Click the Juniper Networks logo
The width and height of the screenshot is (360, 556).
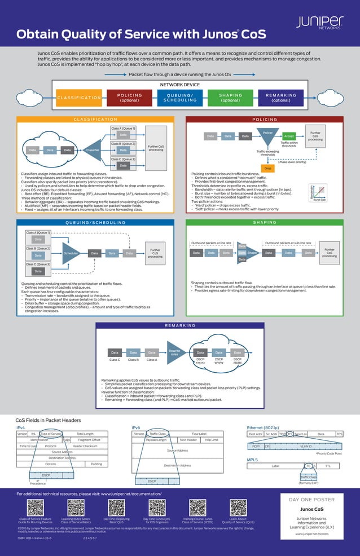(x=319, y=22)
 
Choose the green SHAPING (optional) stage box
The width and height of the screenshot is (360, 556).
(x=230, y=98)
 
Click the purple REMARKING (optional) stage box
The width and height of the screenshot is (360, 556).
(x=280, y=98)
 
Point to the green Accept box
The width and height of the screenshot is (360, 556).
(x=289, y=136)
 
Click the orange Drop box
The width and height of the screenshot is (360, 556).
(x=267, y=169)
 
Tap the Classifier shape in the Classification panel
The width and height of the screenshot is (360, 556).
(x=91, y=150)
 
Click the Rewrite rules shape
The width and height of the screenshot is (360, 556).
(x=175, y=352)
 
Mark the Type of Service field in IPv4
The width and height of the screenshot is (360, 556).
(x=51, y=434)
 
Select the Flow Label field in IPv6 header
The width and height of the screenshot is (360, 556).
(x=199, y=434)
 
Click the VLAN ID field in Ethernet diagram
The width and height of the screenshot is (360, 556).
(x=306, y=446)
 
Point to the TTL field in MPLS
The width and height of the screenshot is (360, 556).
(x=328, y=466)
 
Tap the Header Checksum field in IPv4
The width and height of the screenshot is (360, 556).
(x=85, y=445)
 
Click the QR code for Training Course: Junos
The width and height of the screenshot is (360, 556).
(x=197, y=507)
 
